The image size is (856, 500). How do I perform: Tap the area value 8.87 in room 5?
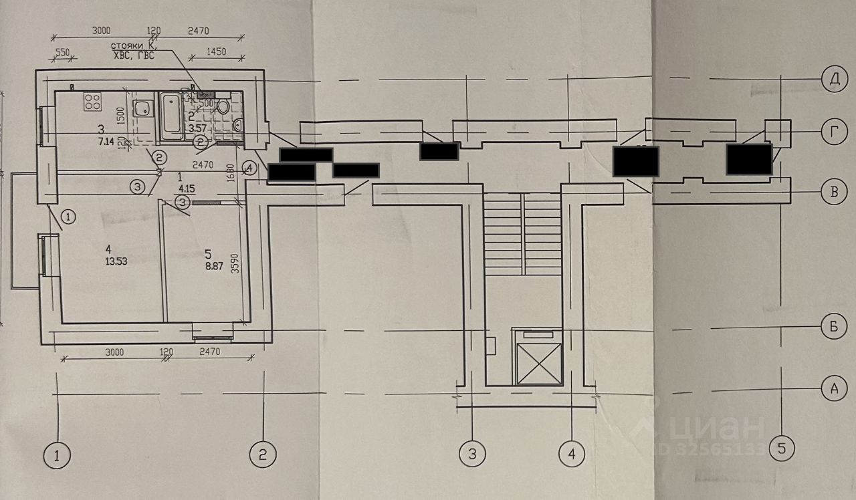[x=214, y=265]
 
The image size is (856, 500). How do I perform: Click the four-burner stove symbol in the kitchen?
[x=92, y=102]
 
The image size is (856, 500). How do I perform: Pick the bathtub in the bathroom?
[x=171, y=118]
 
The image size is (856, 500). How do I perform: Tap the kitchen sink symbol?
[x=142, y=108]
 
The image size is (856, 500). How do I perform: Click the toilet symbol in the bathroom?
[x=223, y=106]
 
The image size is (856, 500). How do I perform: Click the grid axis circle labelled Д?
[x=833, y=79]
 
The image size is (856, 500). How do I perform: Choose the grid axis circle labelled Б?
[x=833, y=327]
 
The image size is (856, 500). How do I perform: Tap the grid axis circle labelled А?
[x=833, y=388]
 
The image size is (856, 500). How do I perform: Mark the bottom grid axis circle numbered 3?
[x=472, y=455]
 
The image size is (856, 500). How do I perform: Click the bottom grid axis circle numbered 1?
[x=58, y=456]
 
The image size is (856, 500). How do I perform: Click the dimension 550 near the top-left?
[x=62, y=51]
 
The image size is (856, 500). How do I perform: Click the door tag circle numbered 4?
[x=249, y=168]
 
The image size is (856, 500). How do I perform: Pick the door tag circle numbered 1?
[x=68, y=216]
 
